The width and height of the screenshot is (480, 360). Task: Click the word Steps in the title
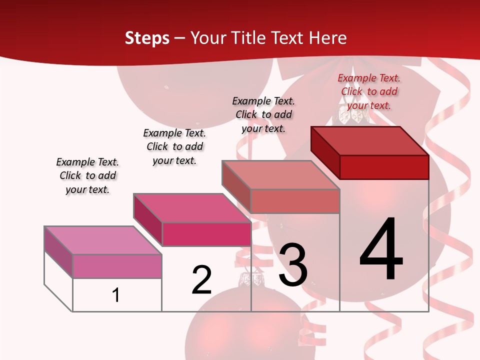146,38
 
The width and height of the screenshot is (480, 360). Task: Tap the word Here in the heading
327,38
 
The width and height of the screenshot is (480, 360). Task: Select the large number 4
381,249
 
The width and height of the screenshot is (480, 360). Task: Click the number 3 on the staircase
293,265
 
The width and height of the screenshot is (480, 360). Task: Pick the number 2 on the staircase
201,280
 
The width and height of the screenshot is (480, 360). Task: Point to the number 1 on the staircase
116,295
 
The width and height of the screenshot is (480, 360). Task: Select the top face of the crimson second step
192,207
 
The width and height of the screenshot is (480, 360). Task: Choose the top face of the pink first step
103,240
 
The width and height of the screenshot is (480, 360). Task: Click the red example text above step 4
369,91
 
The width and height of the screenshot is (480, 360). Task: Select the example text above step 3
263,114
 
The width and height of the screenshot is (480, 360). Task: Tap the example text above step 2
174,146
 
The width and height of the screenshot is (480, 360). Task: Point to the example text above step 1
87,175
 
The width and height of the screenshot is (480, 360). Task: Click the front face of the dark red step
384,167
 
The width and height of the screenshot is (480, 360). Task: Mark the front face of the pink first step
117,266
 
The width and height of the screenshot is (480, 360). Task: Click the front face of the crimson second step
206,234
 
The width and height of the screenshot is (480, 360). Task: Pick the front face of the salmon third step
295,201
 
